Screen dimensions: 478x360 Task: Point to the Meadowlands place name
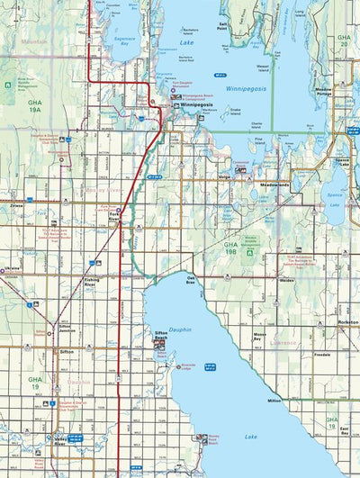(x=274, y=185)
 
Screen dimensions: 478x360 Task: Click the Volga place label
(x=225, y=178)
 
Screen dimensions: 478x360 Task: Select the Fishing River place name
(x=91, y=281)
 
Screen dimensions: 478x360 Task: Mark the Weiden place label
(x=287, y=280)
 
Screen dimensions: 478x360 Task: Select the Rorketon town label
(x=346, y=321)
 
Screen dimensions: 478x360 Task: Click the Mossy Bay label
(x=261, y=335)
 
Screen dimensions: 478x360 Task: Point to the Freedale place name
(x=322, y=355)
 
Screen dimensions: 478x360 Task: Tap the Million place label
(x=274, y=399)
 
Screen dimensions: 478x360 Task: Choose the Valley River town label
(x=59, y=441)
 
